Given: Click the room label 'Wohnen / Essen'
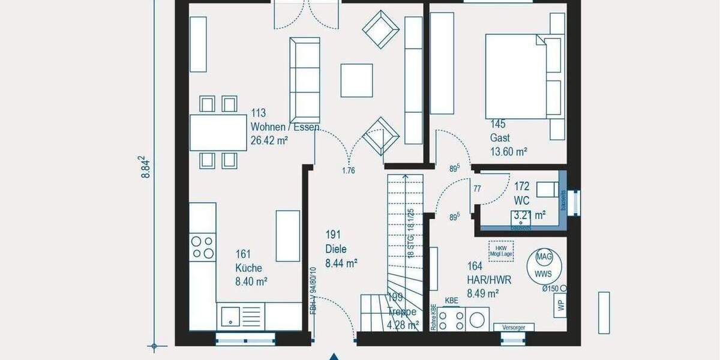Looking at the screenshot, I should tap(284, 127).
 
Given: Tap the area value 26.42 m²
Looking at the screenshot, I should tap(269, 141).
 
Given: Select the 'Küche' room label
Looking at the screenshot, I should tap(248, 268).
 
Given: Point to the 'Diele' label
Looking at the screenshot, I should tap(336, 248).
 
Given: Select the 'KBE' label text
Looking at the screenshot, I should tap(452, 300).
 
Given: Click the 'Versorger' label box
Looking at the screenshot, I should tap(513, 328).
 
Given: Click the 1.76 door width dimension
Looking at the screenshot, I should tap(348, 170).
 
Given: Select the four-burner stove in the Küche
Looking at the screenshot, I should tap(202, 247).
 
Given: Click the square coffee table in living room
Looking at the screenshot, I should tap(356, 80).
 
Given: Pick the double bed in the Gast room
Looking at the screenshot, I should tap(516, 76).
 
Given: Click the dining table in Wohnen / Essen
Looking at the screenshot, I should tap(218, 132).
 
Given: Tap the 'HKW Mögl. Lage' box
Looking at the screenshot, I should tap(497, 249).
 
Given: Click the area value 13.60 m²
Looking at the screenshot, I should tap(509, 151).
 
